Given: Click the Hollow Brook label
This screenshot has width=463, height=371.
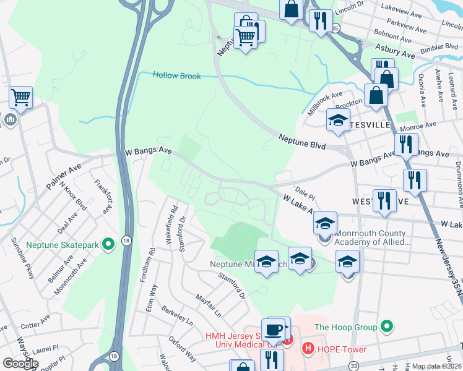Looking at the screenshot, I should [177, 75].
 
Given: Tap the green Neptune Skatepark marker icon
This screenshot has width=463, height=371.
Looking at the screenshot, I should [109, 245].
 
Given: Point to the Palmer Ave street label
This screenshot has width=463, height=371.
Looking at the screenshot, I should [64, 176].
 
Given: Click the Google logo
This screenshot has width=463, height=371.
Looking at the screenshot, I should [20, 363].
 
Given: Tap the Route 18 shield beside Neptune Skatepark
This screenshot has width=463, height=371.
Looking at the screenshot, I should [126, 242].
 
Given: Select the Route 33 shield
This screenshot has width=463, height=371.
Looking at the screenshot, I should [353, 365].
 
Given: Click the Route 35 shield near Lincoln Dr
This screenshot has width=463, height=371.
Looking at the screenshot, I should [335, 28].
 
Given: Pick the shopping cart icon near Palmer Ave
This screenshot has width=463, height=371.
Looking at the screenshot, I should [20, 97].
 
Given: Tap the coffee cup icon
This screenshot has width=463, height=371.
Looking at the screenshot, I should [273, 329].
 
